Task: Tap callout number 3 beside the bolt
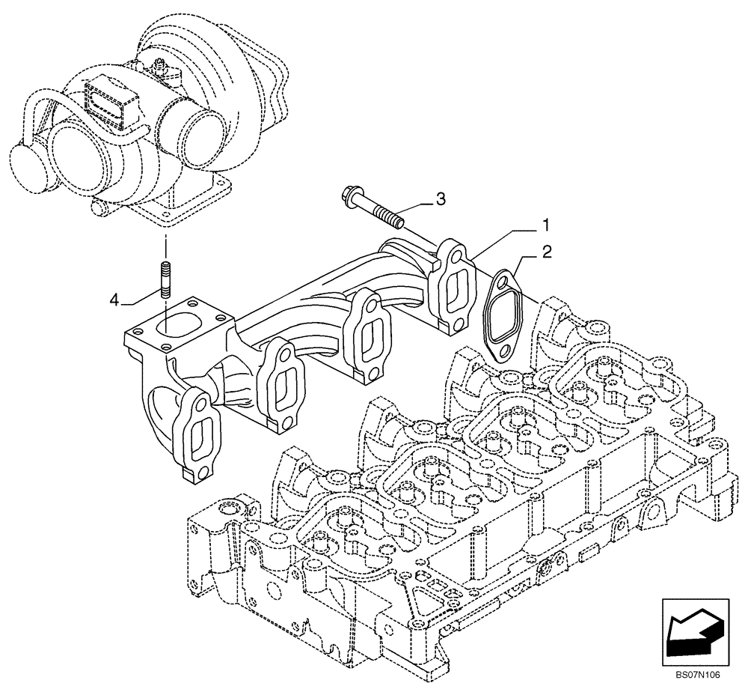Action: pyautogui.click(x=441, y=198)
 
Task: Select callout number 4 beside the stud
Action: pyautogui.click(x=114, y=300)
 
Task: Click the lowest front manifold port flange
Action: pyautogui.click(x=197, y=437)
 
